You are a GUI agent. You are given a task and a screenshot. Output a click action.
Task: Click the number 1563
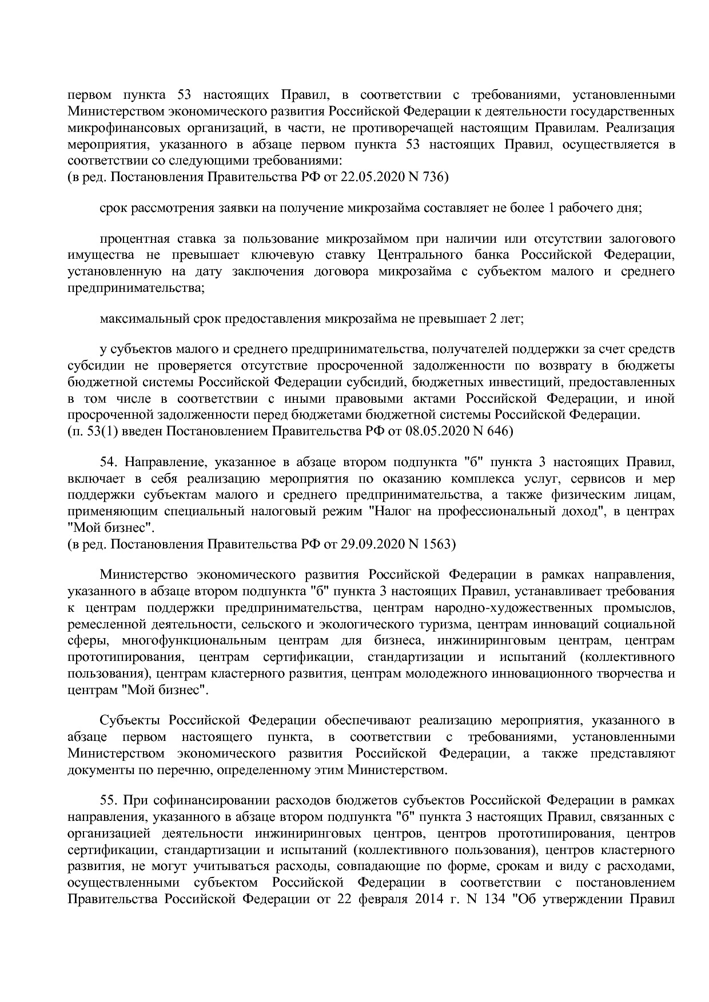[439, 544]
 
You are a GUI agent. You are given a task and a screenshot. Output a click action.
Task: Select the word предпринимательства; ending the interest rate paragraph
[136, 288]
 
